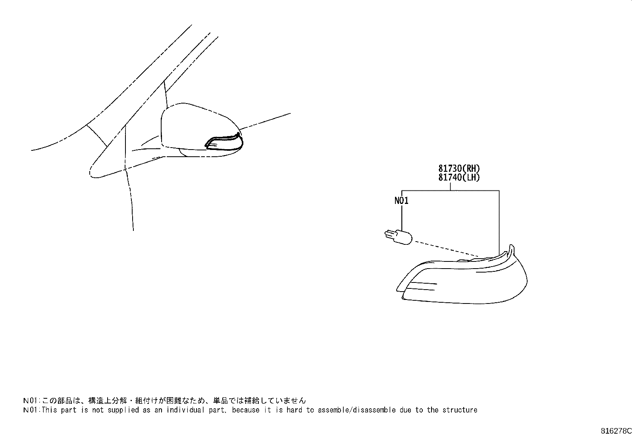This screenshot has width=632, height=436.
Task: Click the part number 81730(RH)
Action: point(459,168)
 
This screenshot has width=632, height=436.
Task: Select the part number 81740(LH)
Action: point(459,177)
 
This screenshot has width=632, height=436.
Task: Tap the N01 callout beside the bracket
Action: point(401,200)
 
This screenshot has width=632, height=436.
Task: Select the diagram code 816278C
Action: point(616,431)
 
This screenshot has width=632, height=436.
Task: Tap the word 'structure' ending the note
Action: point(460,410)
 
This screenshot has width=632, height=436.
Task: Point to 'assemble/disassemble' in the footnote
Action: point(356,410)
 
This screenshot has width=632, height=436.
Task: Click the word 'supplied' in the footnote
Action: point(123,410)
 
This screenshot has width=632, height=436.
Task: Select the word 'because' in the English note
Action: point(245,410)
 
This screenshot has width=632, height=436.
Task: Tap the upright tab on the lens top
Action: point(512,250)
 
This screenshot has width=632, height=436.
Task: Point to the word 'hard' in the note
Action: point(294,410)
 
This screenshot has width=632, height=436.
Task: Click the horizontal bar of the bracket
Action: point(450,191)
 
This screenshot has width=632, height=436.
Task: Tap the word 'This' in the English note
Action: point(49,410)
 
